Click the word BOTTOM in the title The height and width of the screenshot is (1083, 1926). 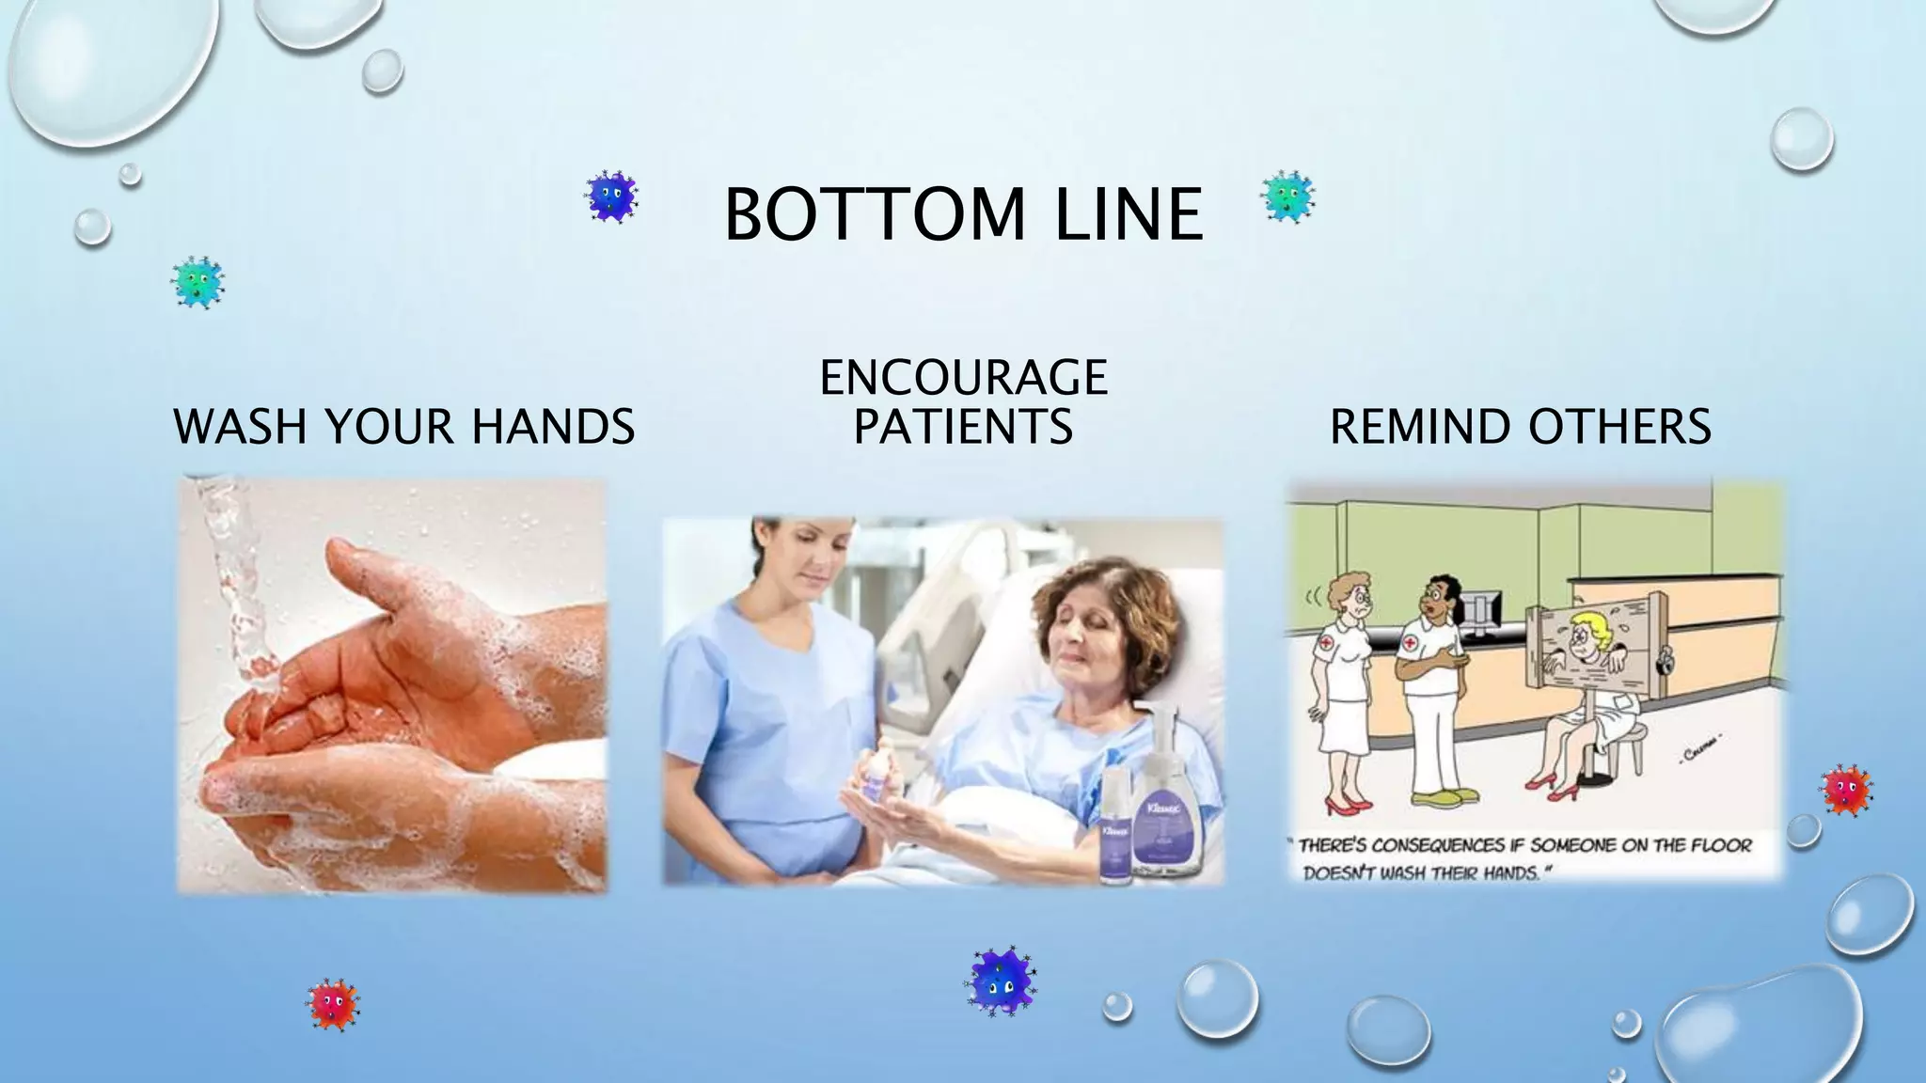(874, 214)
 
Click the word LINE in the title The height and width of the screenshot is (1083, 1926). (1129, 214)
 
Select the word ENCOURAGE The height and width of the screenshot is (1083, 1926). (964, 378)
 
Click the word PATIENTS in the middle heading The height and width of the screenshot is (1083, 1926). (963, 427)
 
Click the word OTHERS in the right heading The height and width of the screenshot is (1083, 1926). (1619, 427)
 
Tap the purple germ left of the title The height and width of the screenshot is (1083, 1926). (610, 196)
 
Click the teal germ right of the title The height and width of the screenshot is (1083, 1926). (1287, 196)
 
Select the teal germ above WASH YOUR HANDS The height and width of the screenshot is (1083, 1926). (197, 282)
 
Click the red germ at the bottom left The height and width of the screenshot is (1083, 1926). (333, 1005)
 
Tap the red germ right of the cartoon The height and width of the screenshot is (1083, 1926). (1846, 790)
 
